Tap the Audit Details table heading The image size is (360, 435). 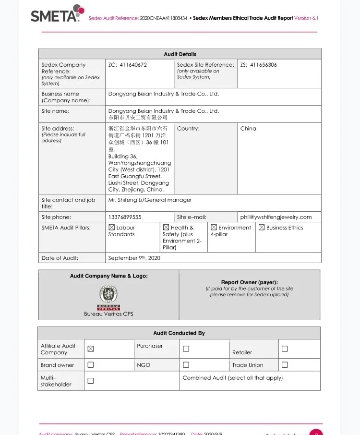coord(180,54)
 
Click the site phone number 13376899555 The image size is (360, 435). coord(125,217)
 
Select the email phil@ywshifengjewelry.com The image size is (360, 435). coord(276,217)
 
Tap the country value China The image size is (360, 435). coord(248,129)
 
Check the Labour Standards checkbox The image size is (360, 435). coord(112,228)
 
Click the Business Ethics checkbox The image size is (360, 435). coord(262,228)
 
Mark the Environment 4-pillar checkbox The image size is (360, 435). coord(214,228)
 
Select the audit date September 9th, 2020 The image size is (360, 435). coord(134,258)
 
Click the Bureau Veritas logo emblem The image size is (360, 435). coord(108,294)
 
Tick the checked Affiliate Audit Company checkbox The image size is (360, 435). coord(91,349)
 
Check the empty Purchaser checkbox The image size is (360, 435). coord(186,349)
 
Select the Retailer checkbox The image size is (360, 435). coord(285,349)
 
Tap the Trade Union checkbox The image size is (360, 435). coord(285,365)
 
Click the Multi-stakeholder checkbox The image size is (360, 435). coord(91,381)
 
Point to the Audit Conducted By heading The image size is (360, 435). coord(179,333)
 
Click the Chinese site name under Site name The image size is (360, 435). coord(138,118)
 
